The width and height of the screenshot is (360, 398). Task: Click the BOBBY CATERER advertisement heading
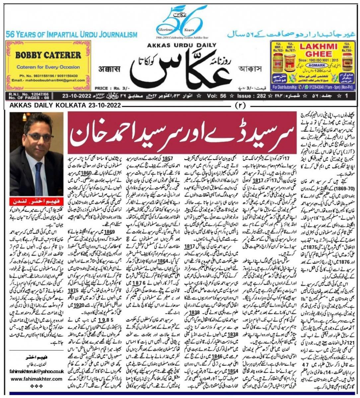[48, 54]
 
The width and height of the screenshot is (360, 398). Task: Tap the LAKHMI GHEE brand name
[316, 49]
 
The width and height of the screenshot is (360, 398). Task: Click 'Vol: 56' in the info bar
[218, 96]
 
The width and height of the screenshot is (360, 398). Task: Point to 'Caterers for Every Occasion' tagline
[48, 67]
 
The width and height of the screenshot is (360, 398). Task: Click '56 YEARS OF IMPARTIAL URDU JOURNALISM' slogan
[71, 34]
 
